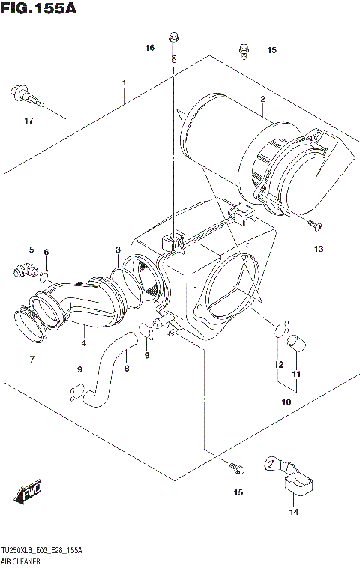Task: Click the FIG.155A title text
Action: pyautogui.click(x=39, y=10)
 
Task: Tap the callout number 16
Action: pyautogui.click(x=150, y=48)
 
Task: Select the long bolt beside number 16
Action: pyautogui.click(x=173, y=46)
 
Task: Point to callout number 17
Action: pyautogui.click(x=28, y=121)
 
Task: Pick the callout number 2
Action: pyautogui.click(x=263, y=100)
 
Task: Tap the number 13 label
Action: pyautogui.click(x=318, y=249)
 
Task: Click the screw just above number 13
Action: pyautogui.click(x=313, y=224)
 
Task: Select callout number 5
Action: pyautogui.click(x=31, y=250)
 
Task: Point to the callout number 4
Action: pyautogui.click(x=83, y=344)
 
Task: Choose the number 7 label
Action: pyautogui.click(x=31, y=360)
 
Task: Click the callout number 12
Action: pyautogui.click(x=278, y=365)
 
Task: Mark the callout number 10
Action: pyautogui.click(x=286, y=402)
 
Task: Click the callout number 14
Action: pyautogui.click(x=293, y=513)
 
